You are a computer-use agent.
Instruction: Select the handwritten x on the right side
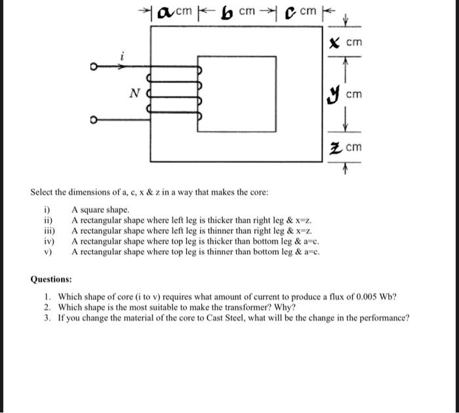pyautogui.click(x=334, y=42)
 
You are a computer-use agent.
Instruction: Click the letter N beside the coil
pyautogui.click(x=133, y=94)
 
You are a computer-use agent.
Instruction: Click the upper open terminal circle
pyautogui.click(x=94, y=66)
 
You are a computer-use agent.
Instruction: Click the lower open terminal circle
pyautogui.click(x=94, y=121)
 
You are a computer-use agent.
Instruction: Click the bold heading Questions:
pyautogui.click(x=52, y=279)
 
